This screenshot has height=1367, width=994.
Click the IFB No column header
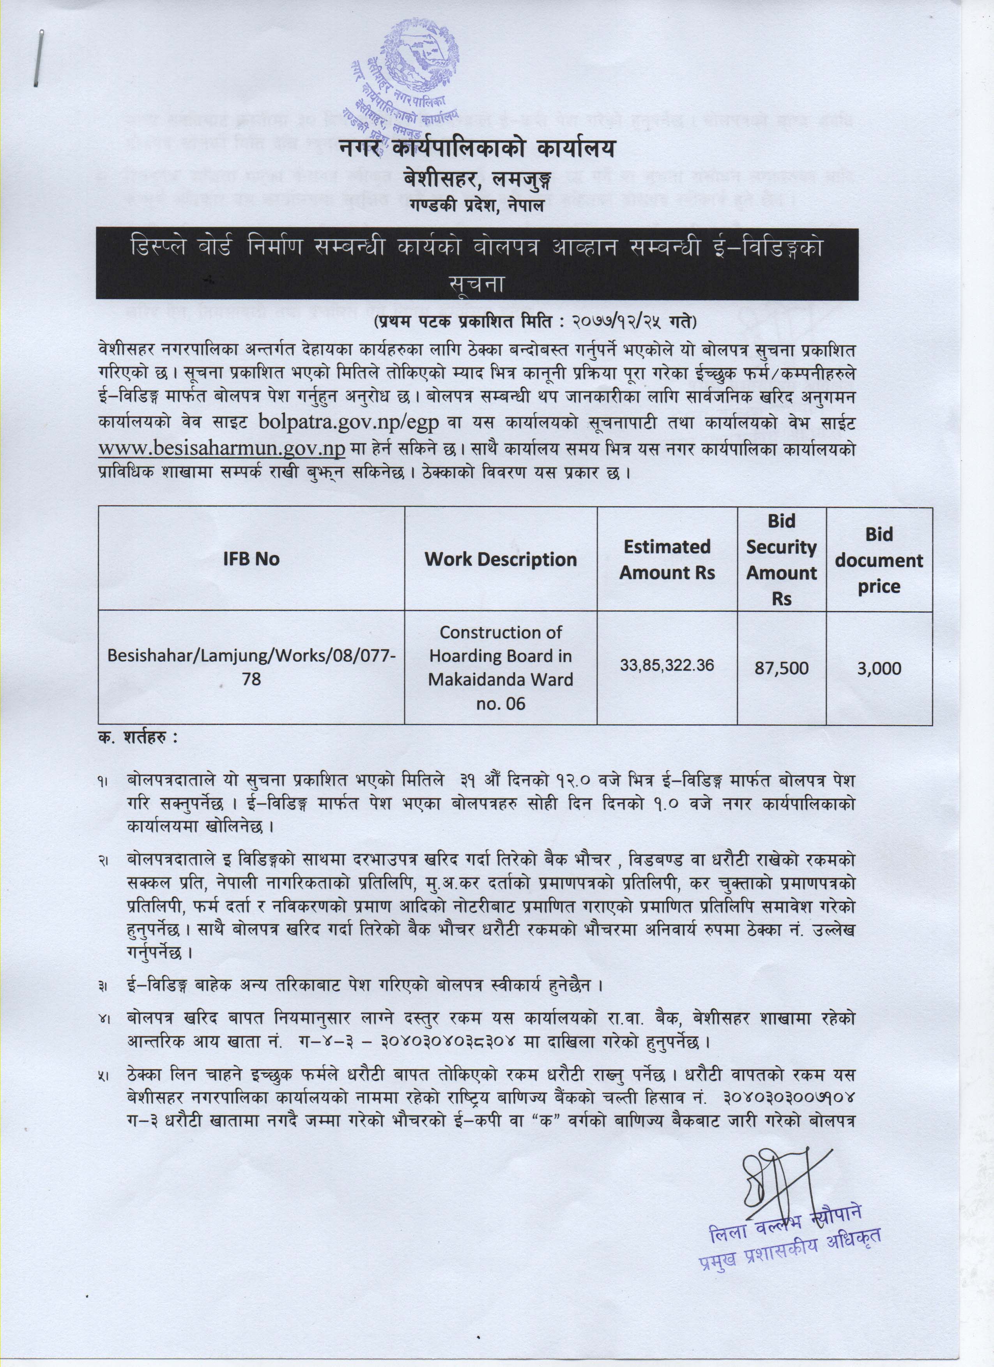click(x=251, y=559)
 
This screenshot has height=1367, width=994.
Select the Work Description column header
click(x=500, y=559)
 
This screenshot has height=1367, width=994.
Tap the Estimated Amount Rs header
click(x=667, y=559)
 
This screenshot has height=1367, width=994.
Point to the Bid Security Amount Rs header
click(x=781, y=559)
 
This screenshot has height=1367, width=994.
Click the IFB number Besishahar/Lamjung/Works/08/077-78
click(x=251, y=667)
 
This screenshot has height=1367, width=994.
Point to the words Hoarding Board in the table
click(x=500, y=656)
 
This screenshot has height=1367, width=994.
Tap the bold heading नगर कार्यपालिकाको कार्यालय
click(x=476, y=148)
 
